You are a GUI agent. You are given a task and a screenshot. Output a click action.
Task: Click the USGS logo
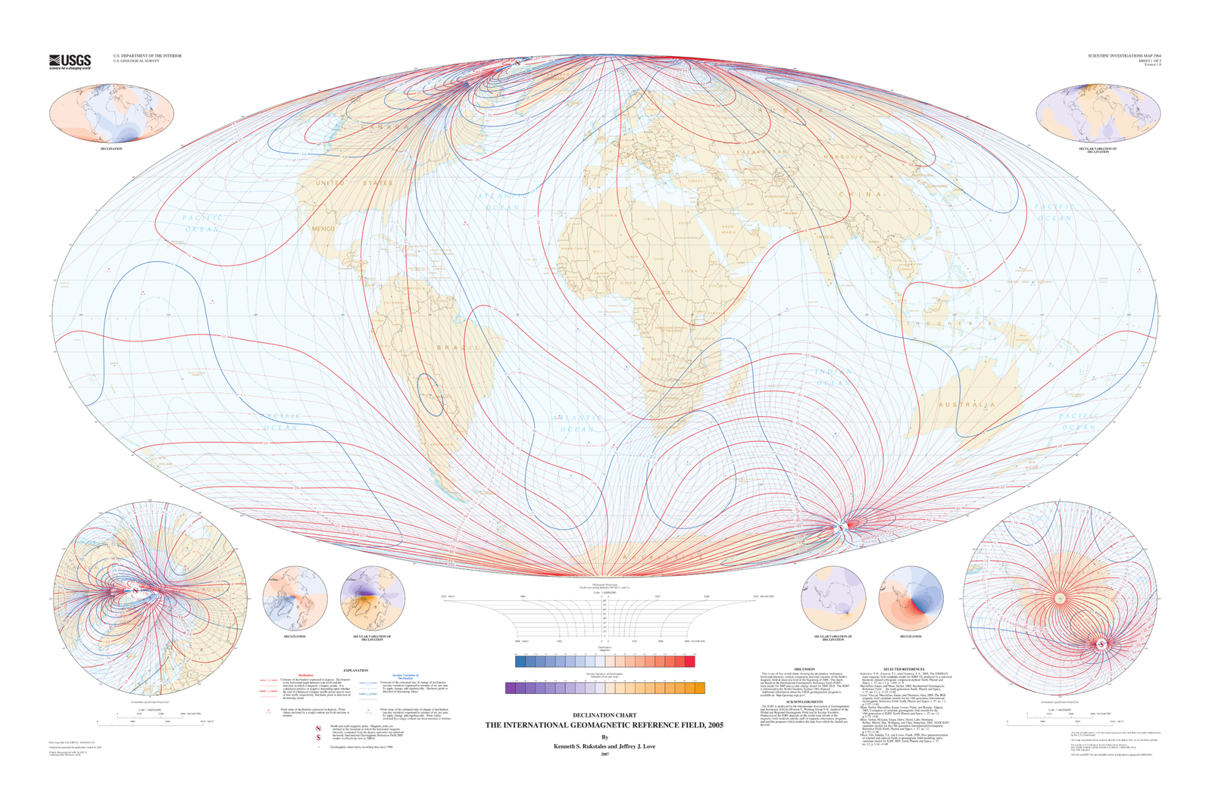click(70, 61)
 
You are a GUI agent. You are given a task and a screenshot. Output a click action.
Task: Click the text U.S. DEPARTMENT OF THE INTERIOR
click(147, 55)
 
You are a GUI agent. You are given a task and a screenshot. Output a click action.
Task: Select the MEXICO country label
click(323, 229)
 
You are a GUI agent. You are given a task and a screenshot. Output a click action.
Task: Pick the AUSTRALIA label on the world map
click(967, 405)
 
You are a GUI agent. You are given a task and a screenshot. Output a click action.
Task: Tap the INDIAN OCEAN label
click(833, 377)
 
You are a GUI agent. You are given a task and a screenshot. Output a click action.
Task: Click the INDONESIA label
click(954, 324)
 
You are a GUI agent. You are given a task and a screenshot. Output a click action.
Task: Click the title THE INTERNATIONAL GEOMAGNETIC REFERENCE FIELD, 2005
click(604, 725)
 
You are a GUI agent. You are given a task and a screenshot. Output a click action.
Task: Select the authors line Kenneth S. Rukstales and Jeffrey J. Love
click(604, 746)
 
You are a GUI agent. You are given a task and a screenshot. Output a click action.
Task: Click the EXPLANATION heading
click(355, 670)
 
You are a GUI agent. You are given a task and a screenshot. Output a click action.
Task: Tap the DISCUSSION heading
click(804, 669)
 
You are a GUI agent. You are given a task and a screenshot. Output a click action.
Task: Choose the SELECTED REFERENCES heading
click(904, 669)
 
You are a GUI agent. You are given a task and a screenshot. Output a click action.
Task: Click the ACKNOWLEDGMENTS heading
click(804, 701)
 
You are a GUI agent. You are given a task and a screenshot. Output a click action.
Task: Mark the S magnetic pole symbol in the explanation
click(319, 738)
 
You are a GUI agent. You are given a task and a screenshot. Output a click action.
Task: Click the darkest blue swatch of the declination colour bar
click(520, 662)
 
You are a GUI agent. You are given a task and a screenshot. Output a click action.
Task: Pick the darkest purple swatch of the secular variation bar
click(511, 688)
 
